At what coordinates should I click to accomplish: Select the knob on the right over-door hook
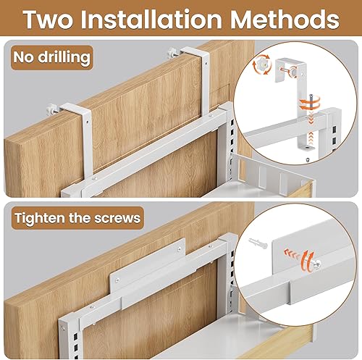[x=174, y=53]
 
